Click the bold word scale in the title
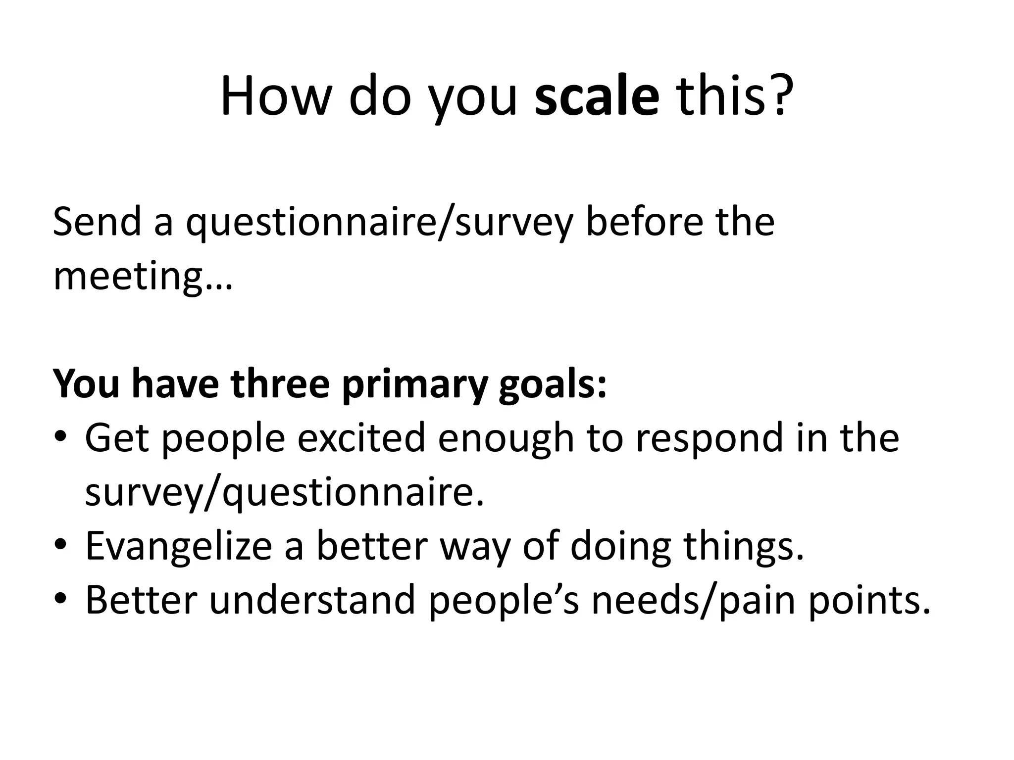(x=597, y=96)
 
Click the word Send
(x=97, y=222)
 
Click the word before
(x=644, y=222)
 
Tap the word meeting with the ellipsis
(x=143, y=278)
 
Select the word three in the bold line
(x=280, y=384)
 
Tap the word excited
(x=361, y=438)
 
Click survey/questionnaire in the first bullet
(x=284, y=494)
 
